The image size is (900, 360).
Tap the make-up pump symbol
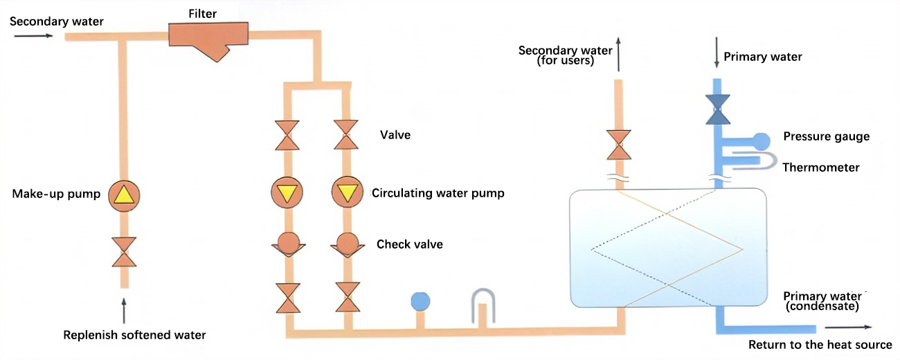click(x=124, y=195)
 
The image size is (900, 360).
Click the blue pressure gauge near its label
click(x=760, y=141)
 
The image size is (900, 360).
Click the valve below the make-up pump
click(x=125, y=252)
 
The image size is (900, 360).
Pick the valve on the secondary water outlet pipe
click(x=619, y=145)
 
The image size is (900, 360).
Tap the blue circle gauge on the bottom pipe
click(x=420, y=301)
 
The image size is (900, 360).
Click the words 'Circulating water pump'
click(x=438, y=193)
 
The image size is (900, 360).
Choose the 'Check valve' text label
click(x=410, y=244)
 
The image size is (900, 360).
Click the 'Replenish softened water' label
click(x=134, y=335)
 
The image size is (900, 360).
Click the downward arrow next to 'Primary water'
click(x=717, y=56)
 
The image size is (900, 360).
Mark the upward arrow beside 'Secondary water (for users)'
click(x=619, y=55)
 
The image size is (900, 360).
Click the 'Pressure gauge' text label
click(x=826, y=136)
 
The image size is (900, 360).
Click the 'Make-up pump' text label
click(x=56, y=194)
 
